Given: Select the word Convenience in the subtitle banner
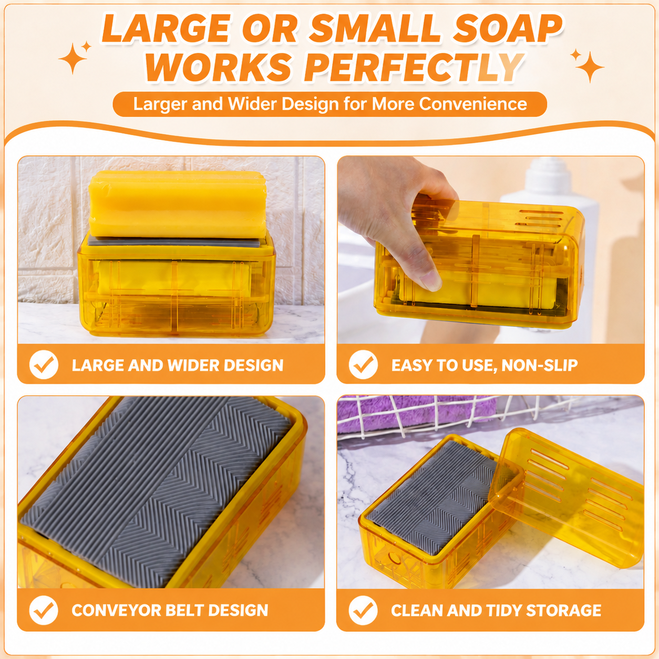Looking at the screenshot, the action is (472, 104).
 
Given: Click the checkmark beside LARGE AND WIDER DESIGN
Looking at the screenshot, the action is (44, 365).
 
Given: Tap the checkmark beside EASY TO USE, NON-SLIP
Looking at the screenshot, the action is (363, 365).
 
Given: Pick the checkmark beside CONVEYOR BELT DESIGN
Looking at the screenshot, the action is (44, 610).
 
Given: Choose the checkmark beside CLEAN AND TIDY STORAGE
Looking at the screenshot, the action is (363, 610).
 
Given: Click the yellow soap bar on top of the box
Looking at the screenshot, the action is (178, 204).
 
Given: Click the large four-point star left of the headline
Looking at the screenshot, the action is (73, 58).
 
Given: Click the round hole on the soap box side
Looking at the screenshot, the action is (395, 559).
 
